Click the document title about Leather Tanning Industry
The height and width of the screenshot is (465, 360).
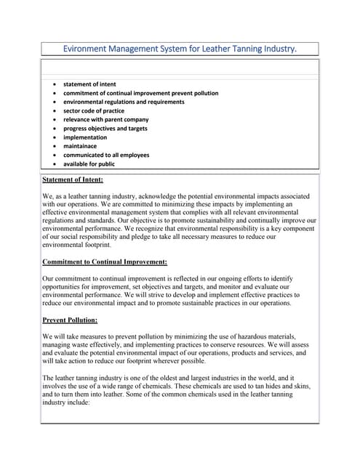pyautogui.click(x=180, y=49)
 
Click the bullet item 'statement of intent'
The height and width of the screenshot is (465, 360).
pyautogui.click(x=89, y=84)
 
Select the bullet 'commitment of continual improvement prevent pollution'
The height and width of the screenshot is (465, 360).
pyautogui.click(x=140, y=93)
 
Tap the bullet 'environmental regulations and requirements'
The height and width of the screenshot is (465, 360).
pyautogui.click(x=124, y=102)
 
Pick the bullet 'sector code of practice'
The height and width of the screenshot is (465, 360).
pyautogui.click(x=94, y=110)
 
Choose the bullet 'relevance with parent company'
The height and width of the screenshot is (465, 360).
pyautogui.click(x=106, y=119)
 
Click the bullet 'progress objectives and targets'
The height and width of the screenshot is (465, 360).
pyautogui.click(x=105, y=129)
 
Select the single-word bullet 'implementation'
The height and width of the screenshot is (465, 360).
pyautogui.click(x=85, y=137)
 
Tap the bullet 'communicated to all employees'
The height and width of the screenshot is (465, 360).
pyautogui.click(x=106, y=155)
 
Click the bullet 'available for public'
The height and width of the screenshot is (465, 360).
pyautogui.click(x=89, y=163)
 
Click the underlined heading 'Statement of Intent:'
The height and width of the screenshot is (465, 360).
pyautogui.click(x=73, y=179)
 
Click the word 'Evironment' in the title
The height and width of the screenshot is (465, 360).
pyautogui.click(x=86, y=49)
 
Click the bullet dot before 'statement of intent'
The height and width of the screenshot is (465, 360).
pyautogui.click(x=55, y=85)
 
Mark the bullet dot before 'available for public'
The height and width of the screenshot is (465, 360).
pyautogui.click(x=55, y=164)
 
